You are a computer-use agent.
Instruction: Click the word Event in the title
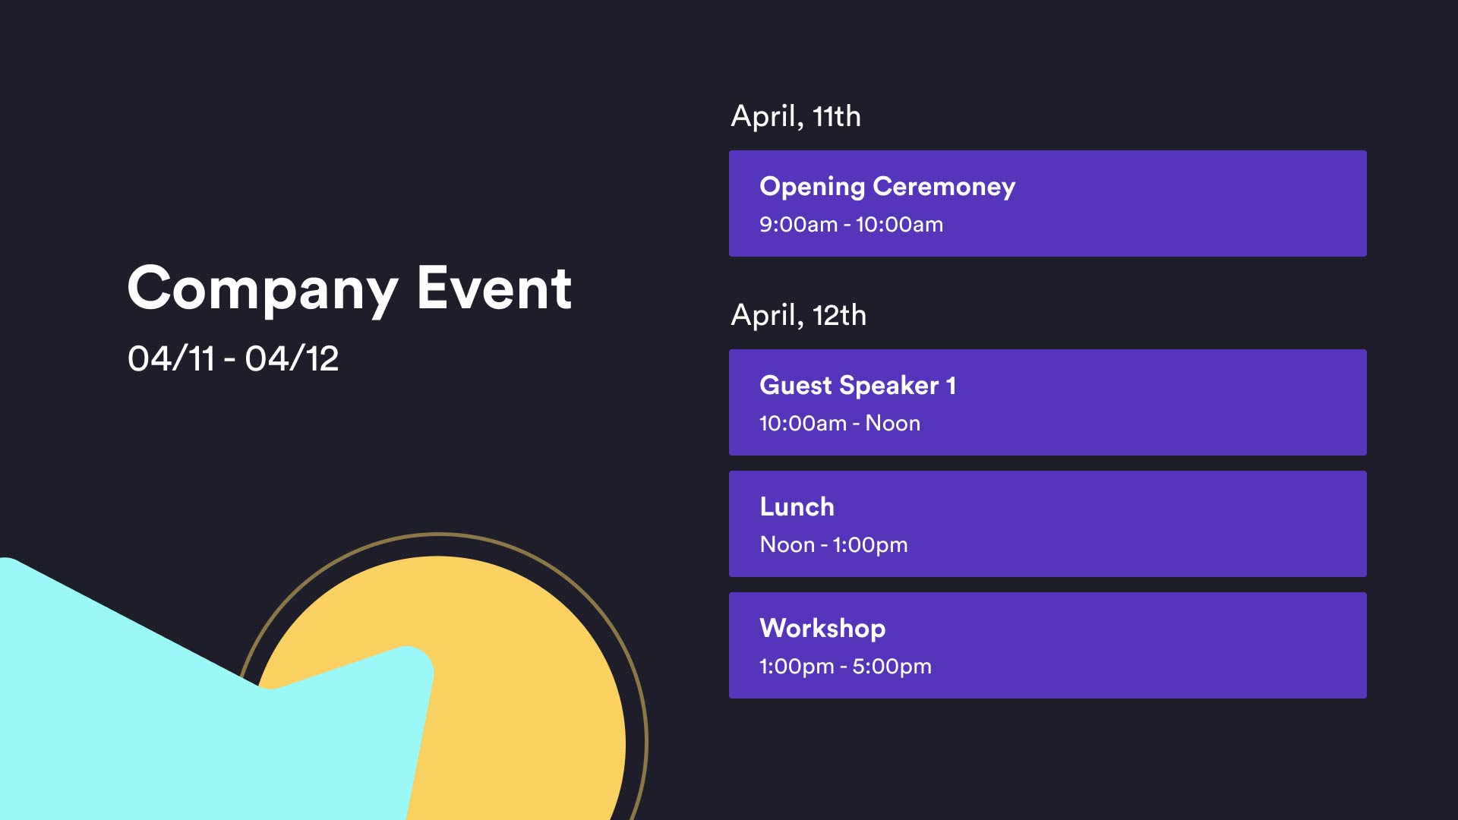[494, 289]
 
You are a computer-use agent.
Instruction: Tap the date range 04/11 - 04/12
[233, 358]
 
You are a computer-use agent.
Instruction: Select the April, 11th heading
[796, 117]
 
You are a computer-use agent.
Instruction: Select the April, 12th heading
[798, 316]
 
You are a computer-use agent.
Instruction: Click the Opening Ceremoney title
[887, 187]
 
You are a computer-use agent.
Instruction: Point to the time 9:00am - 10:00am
[851, 225]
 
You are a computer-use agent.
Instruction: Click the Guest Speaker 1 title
[857, 386]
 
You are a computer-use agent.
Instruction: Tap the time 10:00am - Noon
[840, 424]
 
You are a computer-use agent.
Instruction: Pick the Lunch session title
[797, 506]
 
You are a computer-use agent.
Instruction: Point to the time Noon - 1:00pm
[834, 545]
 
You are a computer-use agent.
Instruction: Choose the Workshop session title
[822, 629]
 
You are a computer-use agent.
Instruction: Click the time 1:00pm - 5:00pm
[845, 667]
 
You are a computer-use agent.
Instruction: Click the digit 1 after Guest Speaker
[951, 386]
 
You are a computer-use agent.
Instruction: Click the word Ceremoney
[944, 187]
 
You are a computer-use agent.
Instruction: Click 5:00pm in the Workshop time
[892, 667]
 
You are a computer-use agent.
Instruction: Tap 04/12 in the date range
[292, 358]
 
